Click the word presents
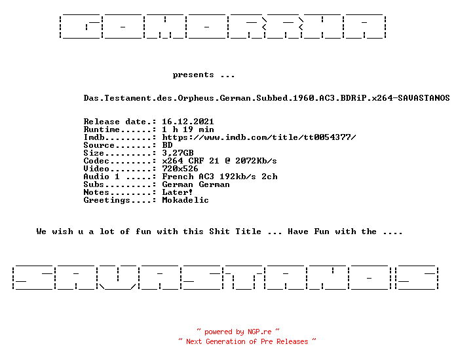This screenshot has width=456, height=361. tap(193, 75)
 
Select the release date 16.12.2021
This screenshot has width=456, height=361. tap(188, 121)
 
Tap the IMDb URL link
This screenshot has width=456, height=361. tap(259, 137)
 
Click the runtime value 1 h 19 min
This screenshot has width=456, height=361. tap(188, 129)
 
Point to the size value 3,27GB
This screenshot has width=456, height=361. tap(178, 153)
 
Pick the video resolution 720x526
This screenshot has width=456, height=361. tap(180, 169)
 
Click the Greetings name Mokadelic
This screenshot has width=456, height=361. tap(185, 200)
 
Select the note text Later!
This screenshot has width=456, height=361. tap(177, 192)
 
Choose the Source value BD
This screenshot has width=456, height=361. tap(167, 145)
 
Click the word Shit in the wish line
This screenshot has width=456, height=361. tap(219, 232)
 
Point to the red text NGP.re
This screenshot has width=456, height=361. tap(259, 332)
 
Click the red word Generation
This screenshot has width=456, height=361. tap(225, 341)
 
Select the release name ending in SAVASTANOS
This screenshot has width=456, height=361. tap(267, 98)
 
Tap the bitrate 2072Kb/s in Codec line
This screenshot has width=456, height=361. tap(256, 161)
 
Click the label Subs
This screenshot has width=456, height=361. tap(94, 184)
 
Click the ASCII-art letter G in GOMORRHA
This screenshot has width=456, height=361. tap(81, 26)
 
